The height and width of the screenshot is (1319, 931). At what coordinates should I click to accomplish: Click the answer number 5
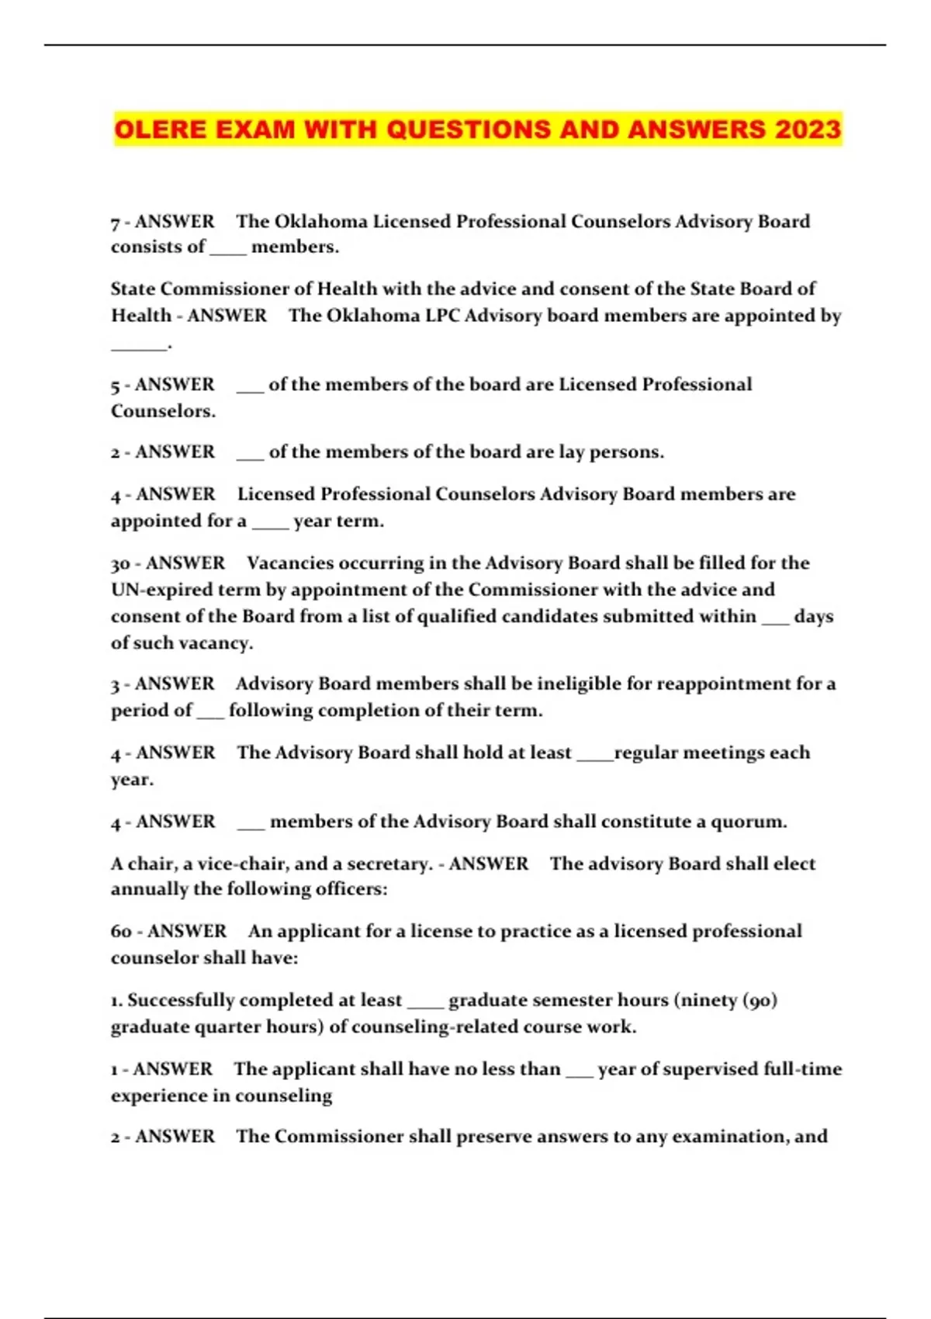(115, 385)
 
